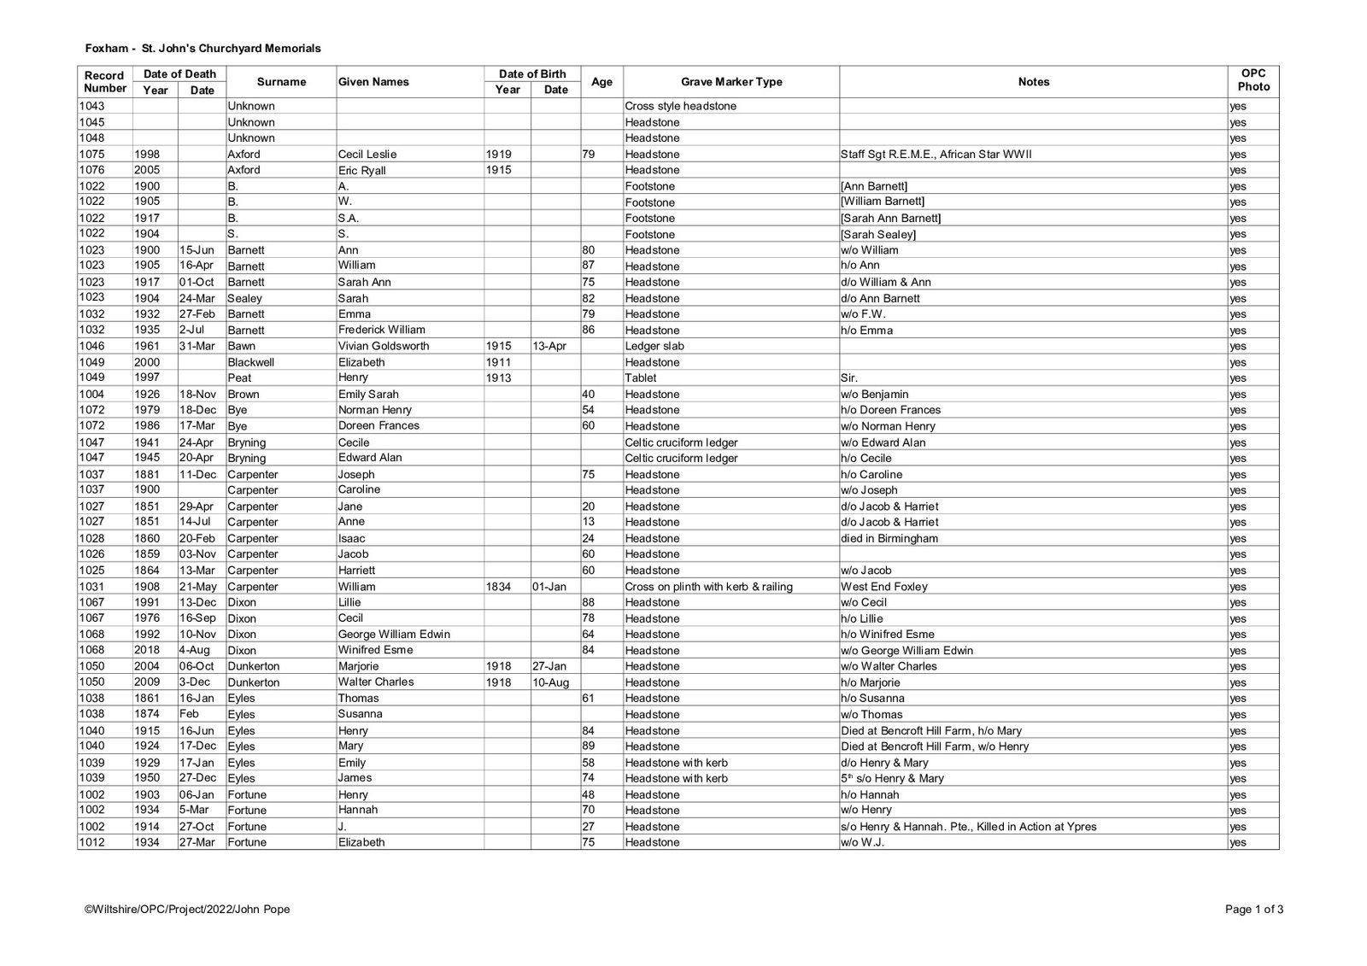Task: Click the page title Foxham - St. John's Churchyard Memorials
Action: tap(202, 49)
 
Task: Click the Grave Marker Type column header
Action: tap(731, 82)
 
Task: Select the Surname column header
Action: tap(281, 82)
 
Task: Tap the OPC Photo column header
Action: tap(1253, 80)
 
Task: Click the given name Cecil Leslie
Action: tap(367, 155)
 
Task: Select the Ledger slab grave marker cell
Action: tap(654, 346)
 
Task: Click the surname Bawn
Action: tap(242, 346)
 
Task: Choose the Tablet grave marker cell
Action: tap(641, 378)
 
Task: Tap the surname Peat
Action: tap(238, 378)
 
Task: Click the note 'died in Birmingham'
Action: tap(889, 538)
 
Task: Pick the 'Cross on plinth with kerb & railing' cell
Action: tap(708, 587)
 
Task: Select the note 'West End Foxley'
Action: tap(884, 587)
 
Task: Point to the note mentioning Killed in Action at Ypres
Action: tap(969, 827)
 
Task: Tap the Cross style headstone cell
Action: tap(680, 106)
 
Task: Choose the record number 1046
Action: tap(91, 346)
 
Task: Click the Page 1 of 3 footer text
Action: tap(1253, 910)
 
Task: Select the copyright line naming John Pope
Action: tap(187, 910)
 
